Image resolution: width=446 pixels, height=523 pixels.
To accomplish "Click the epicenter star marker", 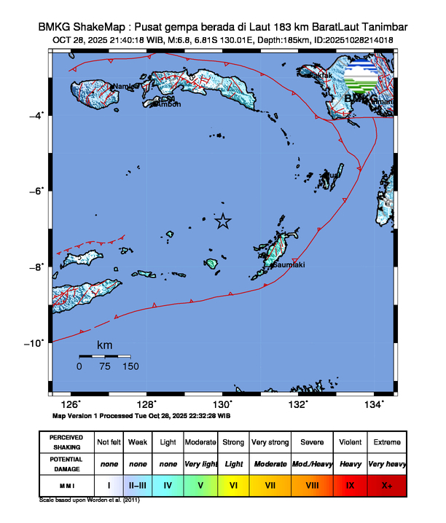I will point(223,221).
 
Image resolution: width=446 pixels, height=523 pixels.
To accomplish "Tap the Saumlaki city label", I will point(288,265).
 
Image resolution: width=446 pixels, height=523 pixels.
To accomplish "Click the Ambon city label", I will point(169,104).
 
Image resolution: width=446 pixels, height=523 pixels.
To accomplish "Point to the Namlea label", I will point(126,87).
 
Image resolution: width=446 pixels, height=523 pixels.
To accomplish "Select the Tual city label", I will point(332,176).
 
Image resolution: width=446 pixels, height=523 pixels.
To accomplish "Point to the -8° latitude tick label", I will point(37,267).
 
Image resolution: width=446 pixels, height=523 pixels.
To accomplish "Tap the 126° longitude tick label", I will point(71,405).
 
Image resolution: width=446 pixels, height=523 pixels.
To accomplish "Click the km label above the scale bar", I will point(105,344).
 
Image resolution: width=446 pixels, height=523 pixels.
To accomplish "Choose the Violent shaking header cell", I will point(348,442).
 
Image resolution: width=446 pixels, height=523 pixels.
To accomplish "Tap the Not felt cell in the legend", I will point(109,442).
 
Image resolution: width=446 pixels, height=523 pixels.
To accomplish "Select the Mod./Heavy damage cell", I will point(311,463).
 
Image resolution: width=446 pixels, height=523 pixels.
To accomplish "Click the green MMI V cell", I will point(200,483).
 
